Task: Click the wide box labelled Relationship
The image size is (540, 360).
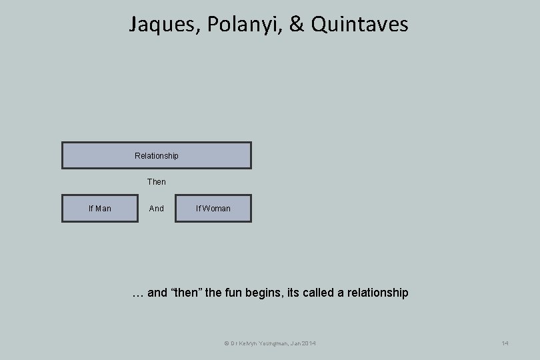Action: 157,155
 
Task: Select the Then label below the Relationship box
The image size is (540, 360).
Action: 157,181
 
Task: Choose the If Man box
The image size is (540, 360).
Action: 100,209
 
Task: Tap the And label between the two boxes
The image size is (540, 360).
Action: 157,209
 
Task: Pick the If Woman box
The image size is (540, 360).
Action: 213,209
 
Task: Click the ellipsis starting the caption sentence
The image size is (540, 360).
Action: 137,293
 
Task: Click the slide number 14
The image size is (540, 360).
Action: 505,343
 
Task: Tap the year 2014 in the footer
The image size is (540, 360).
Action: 308,343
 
